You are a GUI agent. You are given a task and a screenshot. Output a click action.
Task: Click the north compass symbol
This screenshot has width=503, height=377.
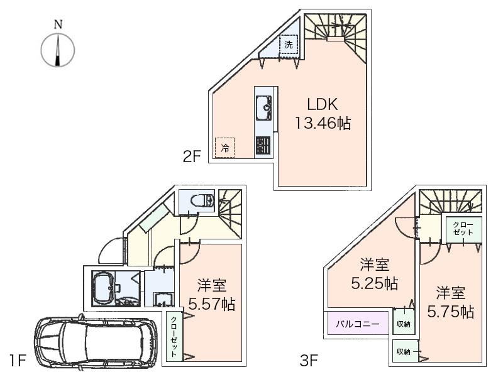(x=58, y=49)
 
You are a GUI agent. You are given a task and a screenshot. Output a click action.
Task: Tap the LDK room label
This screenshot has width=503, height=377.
(x=323, y=104)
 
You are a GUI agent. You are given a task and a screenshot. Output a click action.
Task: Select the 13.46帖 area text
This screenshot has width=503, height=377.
(x=323, y=123)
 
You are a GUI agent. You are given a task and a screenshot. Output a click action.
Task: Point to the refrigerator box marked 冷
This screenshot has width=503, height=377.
(x=224, y=148)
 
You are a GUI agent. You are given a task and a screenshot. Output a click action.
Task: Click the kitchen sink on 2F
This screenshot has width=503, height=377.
(x=263, y=107)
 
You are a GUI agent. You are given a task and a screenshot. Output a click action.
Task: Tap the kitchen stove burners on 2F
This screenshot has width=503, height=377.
(x=263, y=146)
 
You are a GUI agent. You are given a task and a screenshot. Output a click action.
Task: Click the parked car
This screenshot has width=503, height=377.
(x=92, y=344)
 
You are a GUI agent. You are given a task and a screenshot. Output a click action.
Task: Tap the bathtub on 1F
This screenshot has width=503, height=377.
(x=106, y=289)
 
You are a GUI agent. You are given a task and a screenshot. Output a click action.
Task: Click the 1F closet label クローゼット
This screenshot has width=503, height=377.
(x=173, y=336)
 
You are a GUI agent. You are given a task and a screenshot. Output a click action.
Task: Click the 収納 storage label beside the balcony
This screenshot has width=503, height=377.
(x=402, y=324)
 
